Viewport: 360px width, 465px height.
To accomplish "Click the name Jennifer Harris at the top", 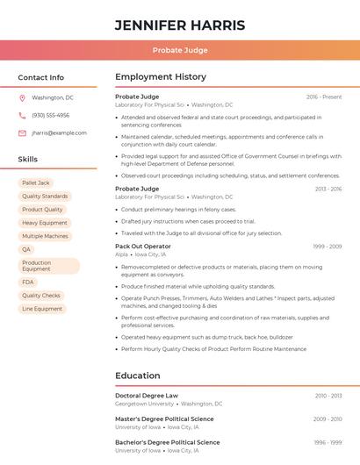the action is [x=180, y=25].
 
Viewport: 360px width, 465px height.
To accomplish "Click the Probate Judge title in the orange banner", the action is [x=180, y=50].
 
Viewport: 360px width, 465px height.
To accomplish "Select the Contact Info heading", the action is [x=41, y=77].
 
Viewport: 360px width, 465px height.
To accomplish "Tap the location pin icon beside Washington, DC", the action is [x=23, y=97].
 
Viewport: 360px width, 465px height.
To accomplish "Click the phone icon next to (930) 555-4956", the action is [x=23, y=115].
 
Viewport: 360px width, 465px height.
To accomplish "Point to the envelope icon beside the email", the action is [x=23, y=132].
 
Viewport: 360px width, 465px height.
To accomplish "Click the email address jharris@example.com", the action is [x=59, y=132].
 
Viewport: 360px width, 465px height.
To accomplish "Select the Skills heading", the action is [x=28, y=159].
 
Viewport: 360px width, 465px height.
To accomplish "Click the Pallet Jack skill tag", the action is [x=36, y=182].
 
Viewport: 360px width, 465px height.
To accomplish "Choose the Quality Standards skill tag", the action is [x=45, y=197].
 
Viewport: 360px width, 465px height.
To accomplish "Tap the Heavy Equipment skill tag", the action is [x=45, y=223].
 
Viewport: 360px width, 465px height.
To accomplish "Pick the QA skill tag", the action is [x=26, y=249].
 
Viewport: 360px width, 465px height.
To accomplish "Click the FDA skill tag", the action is [x=28, y=282].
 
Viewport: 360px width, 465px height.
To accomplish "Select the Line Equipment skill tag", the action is [x=42, y=309].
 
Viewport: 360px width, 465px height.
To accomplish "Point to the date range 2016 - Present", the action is [x=324, y=97].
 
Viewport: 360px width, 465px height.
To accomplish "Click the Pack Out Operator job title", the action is [x=143, y=247].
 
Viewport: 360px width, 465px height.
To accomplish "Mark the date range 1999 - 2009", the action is [x=327, y=247].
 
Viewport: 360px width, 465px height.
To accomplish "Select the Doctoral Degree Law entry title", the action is [x=147, y=396].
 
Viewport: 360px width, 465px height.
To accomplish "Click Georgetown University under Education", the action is [x=145, y=404].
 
